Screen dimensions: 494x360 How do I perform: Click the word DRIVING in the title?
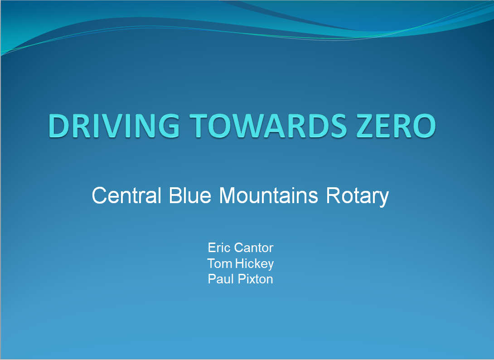pos(114,126)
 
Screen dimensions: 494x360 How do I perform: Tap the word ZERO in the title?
pos(397,126)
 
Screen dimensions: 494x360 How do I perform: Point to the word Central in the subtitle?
pos(126,195)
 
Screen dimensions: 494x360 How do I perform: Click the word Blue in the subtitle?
pos(189,195)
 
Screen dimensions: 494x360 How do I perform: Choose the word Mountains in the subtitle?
pos(268,195)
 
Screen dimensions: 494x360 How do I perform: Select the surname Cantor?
pos(254,248)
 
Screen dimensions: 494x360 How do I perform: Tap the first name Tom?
pos(220,263)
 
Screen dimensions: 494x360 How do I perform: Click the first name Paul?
pos(221,279)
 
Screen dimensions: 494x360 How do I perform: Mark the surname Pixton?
pos(255,279)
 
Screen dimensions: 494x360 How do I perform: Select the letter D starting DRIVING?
pos(59,126)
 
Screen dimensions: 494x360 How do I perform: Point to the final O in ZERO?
pos(424,126)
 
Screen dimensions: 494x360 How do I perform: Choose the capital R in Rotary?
pos(333,195)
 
